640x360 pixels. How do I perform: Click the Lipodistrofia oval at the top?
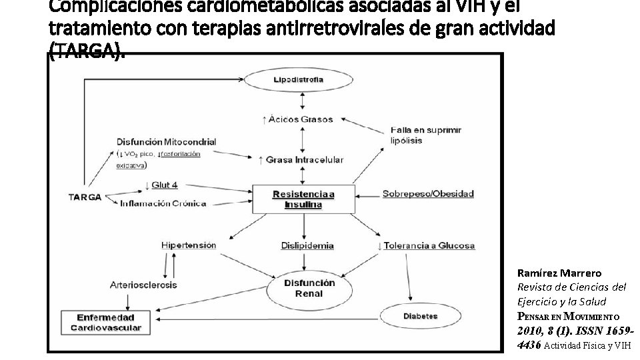tap(298, 80)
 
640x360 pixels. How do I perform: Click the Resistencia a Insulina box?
tap(303, 199)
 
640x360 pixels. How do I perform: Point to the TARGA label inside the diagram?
tap(85, 197)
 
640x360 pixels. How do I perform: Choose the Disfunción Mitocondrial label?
tap(166, 141)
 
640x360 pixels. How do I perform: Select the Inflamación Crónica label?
tap(163, 203)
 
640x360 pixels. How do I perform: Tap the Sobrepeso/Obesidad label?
tap(428, 194)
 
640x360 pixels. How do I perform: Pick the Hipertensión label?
tap(189, 245)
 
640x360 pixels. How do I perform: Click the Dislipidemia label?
tap(307, 245)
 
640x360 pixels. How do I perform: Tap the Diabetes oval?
tap(420, 316)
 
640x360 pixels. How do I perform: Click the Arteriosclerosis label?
tap(143, 285)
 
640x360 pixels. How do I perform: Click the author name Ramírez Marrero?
tap(559, 273)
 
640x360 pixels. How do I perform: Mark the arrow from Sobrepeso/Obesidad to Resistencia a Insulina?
tap(367, 195)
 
